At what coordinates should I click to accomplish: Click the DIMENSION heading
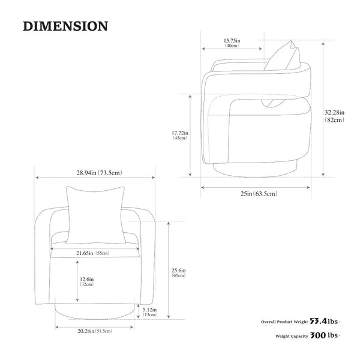[x=65, y=26]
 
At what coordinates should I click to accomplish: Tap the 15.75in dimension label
[x=232, y=41]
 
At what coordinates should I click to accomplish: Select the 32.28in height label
[x=334, y=113]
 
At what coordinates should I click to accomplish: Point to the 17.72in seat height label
[x=180, y=133]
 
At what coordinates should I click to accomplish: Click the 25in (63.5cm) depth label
[x=259, y=194]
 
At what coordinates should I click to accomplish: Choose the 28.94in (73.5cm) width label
[x=99, y=173]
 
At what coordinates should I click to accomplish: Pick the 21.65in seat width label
[x=93, y=253]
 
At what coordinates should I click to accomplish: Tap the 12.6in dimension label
[x=86, y=280]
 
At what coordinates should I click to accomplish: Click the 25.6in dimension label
[x=178, y=271]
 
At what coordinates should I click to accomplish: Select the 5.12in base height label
[x=149, y=310]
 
